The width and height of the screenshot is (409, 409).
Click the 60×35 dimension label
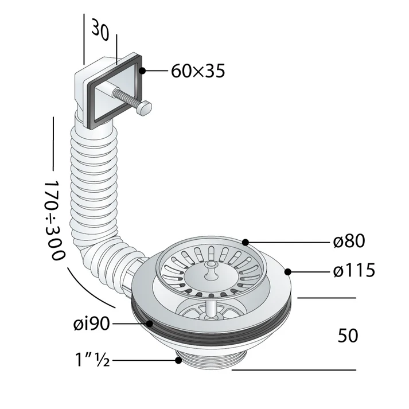(x=197, y=72)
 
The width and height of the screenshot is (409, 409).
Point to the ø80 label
(x=348, y=241)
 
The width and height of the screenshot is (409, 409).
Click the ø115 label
(x=353, y=269)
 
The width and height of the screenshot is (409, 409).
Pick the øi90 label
(x=91, y=324)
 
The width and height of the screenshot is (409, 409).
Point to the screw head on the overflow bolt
(x=146, y=107)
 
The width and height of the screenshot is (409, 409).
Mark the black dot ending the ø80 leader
(x=246, y=242)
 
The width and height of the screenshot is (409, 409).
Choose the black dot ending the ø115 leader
(x=289, y=270)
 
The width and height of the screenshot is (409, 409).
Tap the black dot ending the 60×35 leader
(x=142, y=71)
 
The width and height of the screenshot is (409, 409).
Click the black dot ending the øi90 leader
(x=149, y=324)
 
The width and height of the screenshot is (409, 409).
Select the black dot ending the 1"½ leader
(x=178, y=360)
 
